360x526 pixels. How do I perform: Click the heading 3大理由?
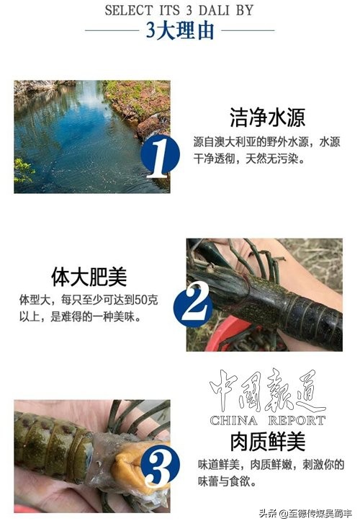(x=179, y=31)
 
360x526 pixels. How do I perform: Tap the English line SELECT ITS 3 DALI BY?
(x=179, y=10)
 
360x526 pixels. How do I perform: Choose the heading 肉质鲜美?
(x=248, y=441)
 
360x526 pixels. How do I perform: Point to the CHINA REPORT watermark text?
(x=267, y=420)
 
